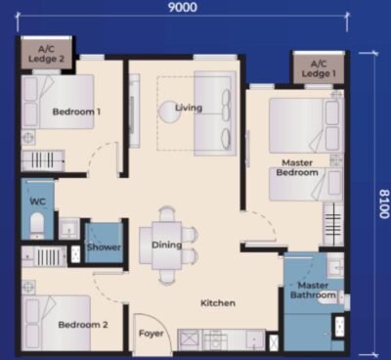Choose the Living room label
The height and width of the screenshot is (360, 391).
[188, 107]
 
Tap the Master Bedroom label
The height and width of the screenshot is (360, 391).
[298, 167]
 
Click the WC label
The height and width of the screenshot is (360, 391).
[38, 202]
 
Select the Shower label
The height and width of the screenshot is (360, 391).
[104, 247]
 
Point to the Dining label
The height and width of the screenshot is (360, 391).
[166, 245]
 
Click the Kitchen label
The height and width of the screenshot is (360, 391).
[218, 303]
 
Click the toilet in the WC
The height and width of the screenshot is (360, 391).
[37, 227]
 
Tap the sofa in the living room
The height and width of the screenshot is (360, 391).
[213, 112]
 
